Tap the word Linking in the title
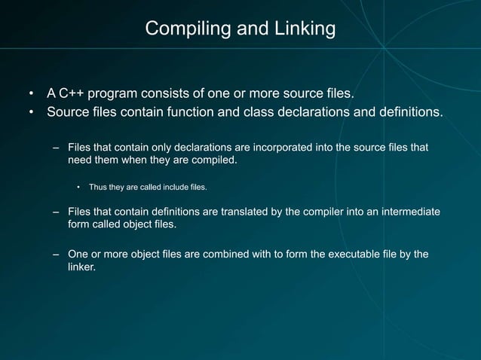pyautogui.click(x=305, y=29)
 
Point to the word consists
pyautogui.click(x=179, y=93)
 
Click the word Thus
pyautogui.click(x=99, y=186)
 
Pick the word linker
pyautogui.click(x=81, y=267)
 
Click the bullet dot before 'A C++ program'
pyautogui.click(x=32, y=94)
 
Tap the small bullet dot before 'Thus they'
pyautogui.click(x=78, y=187)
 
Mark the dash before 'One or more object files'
pyautogui.click(x=56, y=254)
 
